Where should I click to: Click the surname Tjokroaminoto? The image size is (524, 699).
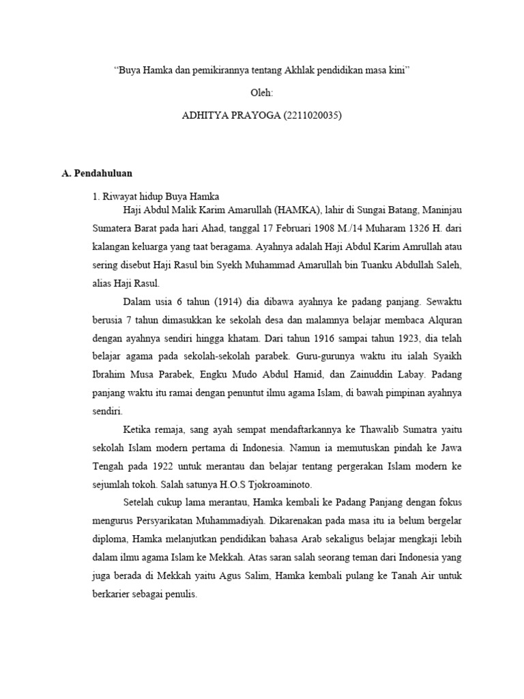pos(280,484)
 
